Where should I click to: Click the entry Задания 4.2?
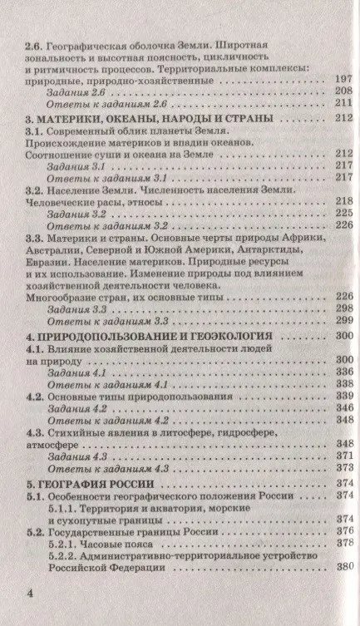[x=81, y=409]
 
